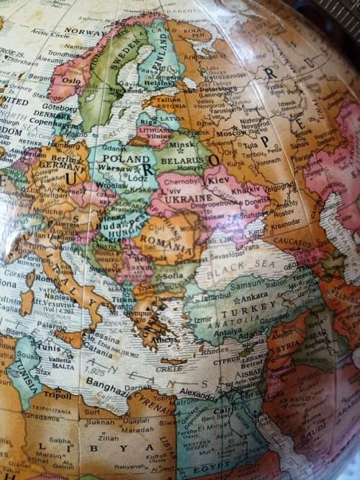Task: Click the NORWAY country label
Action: (85, 32)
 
